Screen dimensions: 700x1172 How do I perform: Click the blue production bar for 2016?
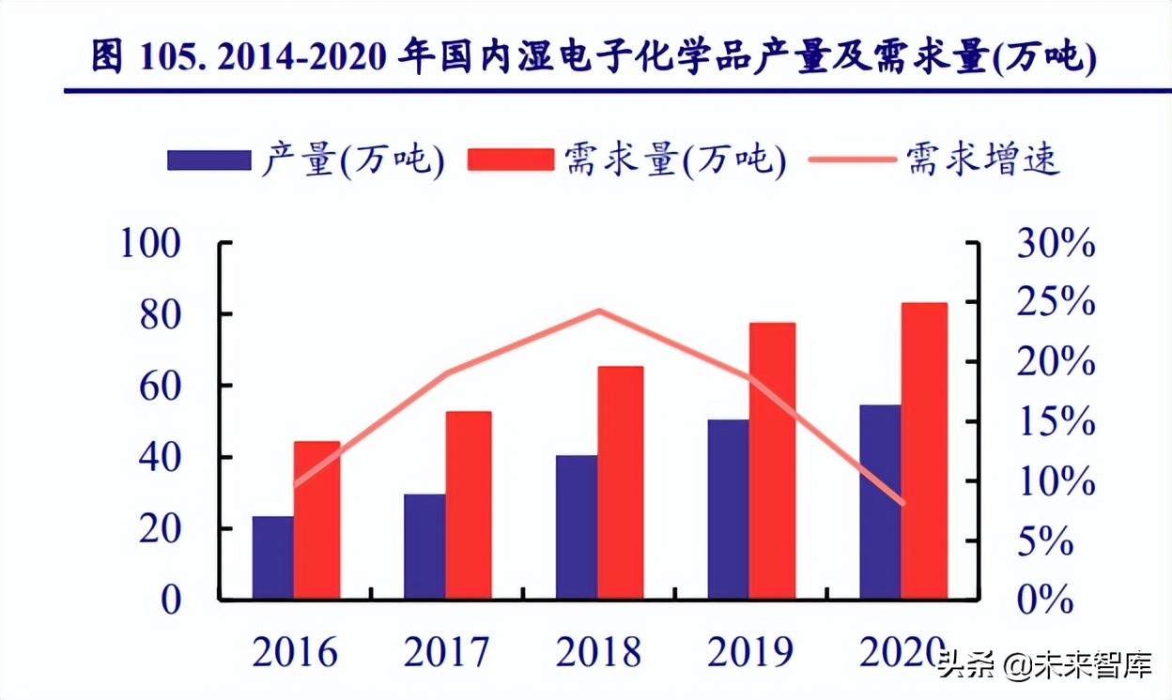tap(272, 557)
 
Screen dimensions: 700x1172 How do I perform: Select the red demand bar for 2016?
tap(316, 520)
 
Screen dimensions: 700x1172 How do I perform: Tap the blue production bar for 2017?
tap(424, 546)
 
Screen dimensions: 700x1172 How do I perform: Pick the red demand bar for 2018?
tap(621, 482)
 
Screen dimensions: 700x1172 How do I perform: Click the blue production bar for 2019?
tap(728, 509)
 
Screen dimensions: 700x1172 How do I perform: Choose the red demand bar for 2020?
tap(924, 450)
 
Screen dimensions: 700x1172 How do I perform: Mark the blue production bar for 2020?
tap(880, 501)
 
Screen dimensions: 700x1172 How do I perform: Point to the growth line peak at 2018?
tap(600, 311)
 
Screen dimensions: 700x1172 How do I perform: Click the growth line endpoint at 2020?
tap(902, 504)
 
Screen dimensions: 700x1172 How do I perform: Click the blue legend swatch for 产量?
tap(208, 160)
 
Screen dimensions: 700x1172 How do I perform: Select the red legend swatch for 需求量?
tap(512, 160)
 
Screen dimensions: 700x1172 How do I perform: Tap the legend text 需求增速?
tap(983, 160)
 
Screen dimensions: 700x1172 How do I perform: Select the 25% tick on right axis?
tap(1056, 304)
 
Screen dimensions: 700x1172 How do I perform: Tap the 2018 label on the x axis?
tap(598, 651)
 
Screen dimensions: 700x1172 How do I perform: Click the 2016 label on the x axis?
tap(294, 651)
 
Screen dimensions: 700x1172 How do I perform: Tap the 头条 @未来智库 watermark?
tap(1044, 667)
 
